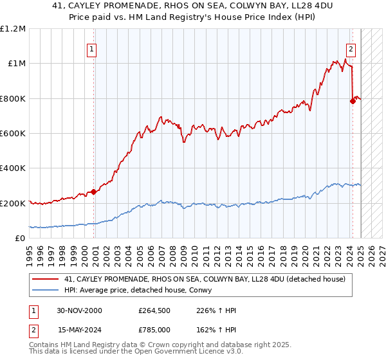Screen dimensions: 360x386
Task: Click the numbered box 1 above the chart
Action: tap(91, 48)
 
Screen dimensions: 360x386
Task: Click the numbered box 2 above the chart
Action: tap(351, 48)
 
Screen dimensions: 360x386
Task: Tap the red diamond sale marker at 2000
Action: tap(94, 192)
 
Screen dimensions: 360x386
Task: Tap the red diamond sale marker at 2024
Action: tap(353, 100)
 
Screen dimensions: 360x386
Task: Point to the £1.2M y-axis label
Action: tap(13, 28)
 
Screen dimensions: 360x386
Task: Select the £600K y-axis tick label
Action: tap(13, 133)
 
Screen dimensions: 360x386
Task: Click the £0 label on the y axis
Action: tap(21, 238)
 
